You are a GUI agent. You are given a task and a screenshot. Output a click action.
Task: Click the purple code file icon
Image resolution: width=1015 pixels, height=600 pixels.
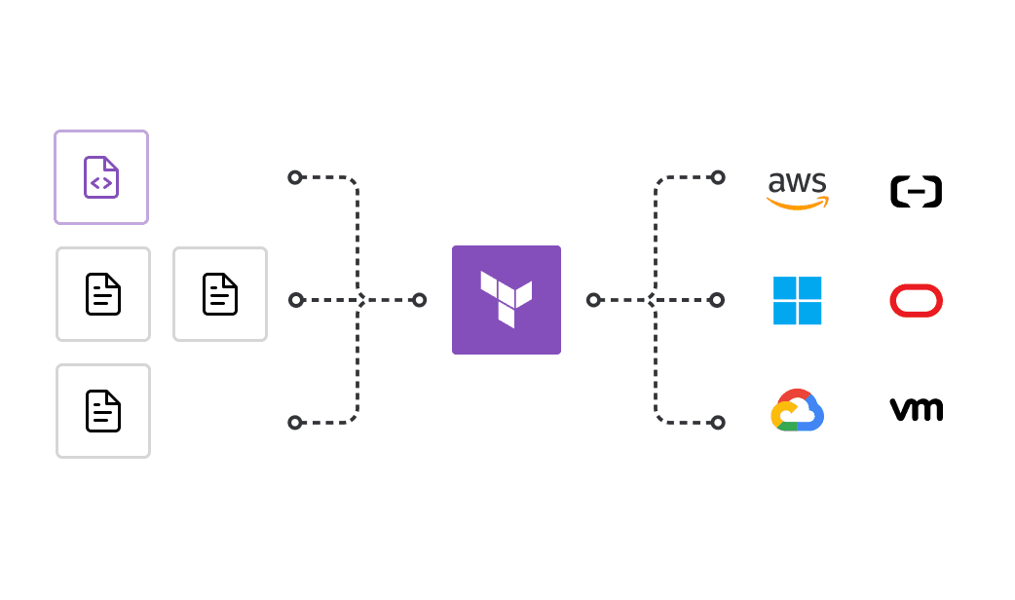coord(101,177)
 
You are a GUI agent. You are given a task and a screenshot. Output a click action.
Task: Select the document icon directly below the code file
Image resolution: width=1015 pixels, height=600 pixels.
coord(103,294)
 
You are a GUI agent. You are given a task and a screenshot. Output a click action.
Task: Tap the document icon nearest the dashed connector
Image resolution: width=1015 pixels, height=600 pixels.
coord(220,294)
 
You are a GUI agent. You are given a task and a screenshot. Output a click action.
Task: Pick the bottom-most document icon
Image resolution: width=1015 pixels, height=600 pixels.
coord(103,411)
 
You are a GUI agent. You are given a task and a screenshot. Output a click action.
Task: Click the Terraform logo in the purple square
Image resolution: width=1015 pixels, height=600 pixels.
coord(507,299)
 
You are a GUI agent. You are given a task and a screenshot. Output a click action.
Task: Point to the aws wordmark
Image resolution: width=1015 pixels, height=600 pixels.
coord(797,182)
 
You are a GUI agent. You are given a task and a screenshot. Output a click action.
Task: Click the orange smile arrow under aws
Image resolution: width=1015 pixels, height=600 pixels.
coord(798,204)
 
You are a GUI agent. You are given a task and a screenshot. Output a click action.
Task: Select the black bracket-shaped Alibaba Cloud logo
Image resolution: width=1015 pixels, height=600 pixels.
coord(916,191)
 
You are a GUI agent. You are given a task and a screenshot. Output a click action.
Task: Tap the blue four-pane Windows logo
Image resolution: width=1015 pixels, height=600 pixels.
coord(797,300)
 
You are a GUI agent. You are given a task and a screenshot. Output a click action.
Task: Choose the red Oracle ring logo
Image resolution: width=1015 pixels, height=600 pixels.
coord(916,300)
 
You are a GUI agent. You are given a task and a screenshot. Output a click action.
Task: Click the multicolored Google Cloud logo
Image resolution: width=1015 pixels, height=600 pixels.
coord(797,411)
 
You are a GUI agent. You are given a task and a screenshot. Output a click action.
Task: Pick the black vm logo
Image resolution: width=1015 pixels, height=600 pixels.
coord(916,410)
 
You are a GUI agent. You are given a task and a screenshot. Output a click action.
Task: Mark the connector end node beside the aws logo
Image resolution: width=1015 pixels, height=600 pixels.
coord(718,177)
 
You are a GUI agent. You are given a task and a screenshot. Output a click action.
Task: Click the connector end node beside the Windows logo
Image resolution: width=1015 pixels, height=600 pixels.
coord(717,300)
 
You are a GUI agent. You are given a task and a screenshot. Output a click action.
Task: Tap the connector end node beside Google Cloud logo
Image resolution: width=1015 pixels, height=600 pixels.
coord(718,423)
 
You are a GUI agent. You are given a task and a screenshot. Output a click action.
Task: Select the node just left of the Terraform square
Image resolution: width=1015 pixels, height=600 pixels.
coord(420,300)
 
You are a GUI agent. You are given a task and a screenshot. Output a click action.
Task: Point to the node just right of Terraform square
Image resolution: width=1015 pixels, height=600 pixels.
coord(593,300)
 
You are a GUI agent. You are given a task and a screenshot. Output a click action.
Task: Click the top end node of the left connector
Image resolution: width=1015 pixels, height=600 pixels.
coord(295,177)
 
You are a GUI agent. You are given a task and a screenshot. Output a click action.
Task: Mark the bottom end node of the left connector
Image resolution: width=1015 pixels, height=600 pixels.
coord(295,423)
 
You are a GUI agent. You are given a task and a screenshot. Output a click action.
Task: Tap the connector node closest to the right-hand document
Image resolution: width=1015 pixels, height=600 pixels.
coord(296,300)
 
